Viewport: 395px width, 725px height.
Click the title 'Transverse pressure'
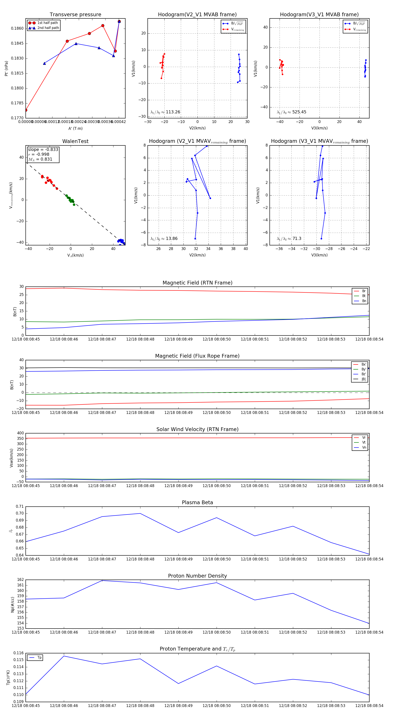(75, 15)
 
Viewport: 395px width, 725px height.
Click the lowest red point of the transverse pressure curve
(26, 110)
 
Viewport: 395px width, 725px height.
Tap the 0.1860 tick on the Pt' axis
(17, 28)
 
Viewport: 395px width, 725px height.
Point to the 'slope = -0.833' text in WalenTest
(43, 149)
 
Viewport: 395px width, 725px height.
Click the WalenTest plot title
(75, 141)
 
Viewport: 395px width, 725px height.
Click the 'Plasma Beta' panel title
(197, 503)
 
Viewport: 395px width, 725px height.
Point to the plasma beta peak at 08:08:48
(140, 514)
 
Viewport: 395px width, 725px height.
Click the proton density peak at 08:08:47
(102, 581)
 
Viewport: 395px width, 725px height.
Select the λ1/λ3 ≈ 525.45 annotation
(292, 112)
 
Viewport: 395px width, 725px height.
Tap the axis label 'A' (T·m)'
(75, 129)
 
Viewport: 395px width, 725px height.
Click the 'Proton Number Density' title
(197, 576)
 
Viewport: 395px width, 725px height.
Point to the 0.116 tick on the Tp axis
(19, 653)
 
